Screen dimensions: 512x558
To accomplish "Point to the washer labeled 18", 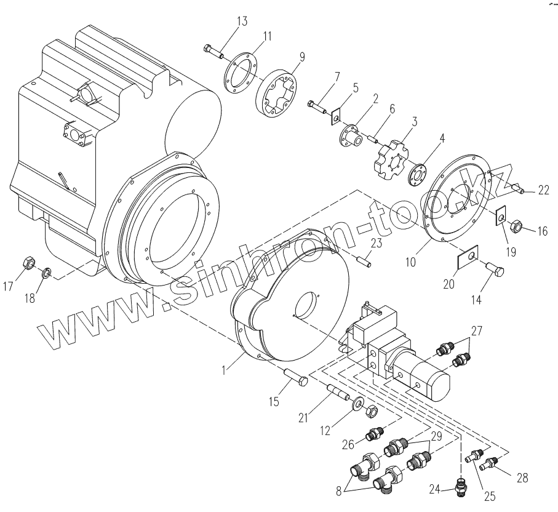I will (46, 272).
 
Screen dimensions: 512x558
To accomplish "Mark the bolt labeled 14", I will (496, 271).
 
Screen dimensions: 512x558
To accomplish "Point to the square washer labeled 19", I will (501, 215).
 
